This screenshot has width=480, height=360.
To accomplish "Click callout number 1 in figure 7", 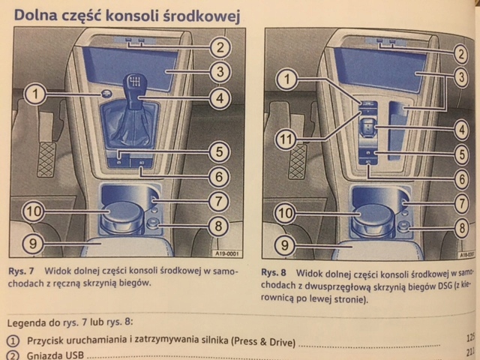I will point(34,94).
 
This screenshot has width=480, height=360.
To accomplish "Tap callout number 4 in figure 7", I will point(218,97).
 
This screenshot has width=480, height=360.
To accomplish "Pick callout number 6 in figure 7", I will point(218,177).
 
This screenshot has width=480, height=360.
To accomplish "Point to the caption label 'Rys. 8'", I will point(274,273).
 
